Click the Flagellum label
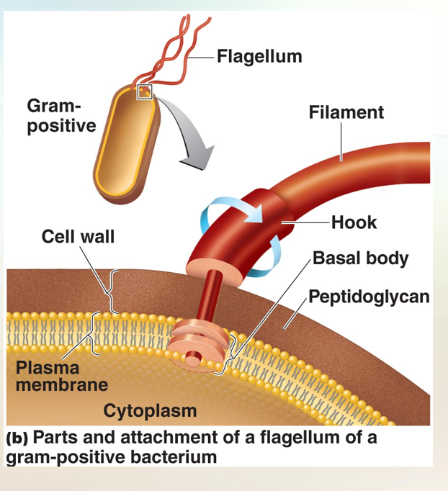pos(259,56)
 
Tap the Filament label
pos(346,112)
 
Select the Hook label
pos(354,222)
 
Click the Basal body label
pos(360,258)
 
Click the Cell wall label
pos(78,236)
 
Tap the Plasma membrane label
pos(62,376)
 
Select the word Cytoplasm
pos(150,411)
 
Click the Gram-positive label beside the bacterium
pos(61,116)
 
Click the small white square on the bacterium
pos(145,91)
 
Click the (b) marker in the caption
pos(17,438)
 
